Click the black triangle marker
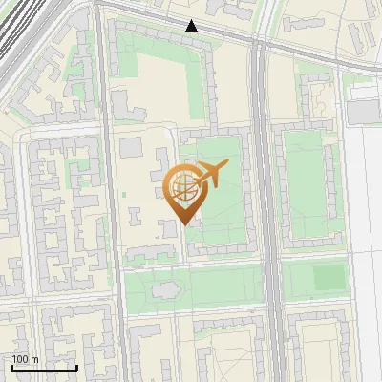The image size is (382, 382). click(x=192, y=26)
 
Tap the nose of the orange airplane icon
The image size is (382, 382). click(x=228, y=166)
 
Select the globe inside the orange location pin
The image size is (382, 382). click(x=182, y=187)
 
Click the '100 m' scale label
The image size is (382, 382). click(x=26, y=359)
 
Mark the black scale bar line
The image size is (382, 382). click(x=44, y=368)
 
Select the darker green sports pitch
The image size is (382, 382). click(x=329, y=278)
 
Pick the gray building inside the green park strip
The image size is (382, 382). click(x=164, y=287)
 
